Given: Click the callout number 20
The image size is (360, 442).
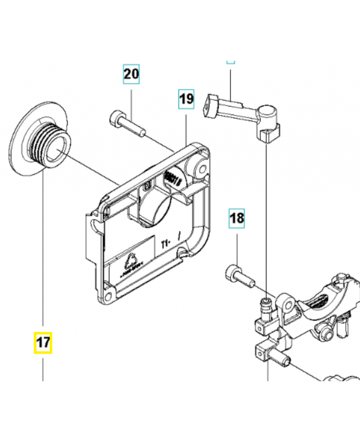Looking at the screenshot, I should pos(131,74).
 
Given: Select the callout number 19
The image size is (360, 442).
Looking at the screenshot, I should pos(187,99).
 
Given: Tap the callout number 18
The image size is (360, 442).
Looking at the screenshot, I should pos(236,219).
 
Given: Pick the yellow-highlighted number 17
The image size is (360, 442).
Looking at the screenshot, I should pos(43,343).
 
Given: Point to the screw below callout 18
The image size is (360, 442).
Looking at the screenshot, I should pos(239,276).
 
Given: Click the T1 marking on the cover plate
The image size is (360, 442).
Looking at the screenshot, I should pos(165,242).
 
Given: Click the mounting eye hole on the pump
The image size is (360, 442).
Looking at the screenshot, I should pos(287,304).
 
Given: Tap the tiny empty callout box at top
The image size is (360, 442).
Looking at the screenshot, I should pos(231,61).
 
